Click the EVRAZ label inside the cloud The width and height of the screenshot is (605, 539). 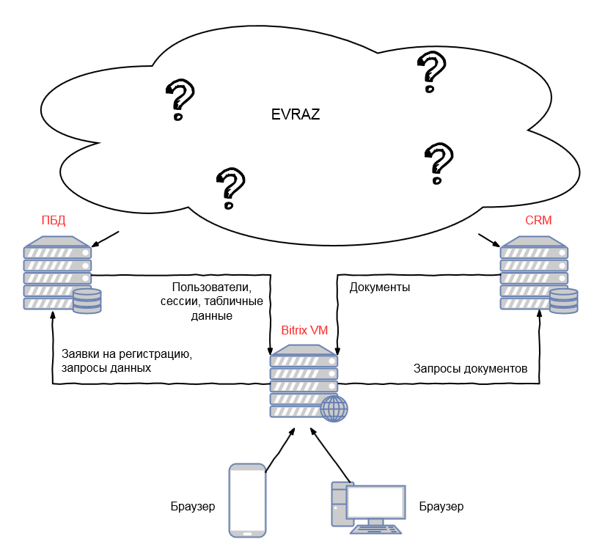pyautogui.click(x=296, y=114)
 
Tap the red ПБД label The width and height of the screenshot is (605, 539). pyautogui.click(x=54, y=220)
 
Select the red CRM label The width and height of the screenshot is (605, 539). pyautogui.click(x=538, y=220)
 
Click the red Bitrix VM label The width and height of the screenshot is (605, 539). pyautogui.click(x=304, y=330)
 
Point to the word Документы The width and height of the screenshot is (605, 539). pyautogui.click(x=380, y=287)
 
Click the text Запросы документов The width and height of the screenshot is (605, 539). pyautogui.click(x=470, y=368)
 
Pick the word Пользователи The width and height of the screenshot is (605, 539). pyautogui.click(x=212, y=287)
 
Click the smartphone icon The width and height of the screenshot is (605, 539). pyautogui.click(x=247, y=500)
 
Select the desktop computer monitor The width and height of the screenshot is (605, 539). pyautogui.click(x=375, y=502)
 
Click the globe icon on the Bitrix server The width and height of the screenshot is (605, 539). pyautogui.click(x=334, y=408)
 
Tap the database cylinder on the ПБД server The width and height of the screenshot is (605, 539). pyautogui.click(x=87, y=301)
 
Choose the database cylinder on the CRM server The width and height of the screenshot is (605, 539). pyautogui.click(x=564, y=301)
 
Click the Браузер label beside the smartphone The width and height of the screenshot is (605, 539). pyautogui.click(x=193, y=506)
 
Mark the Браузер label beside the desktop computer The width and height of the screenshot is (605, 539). pyautogui.click(x=441, y=506)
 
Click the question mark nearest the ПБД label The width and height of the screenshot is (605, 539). pyautogui.click(x=180, y=100)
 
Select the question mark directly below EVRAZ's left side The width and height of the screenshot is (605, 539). pyautogui.click(x=231, y=188)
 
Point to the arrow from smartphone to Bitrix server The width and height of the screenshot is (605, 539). pyautogui.click(x=281, y=450)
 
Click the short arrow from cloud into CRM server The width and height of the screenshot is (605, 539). pyautogui.click(x=489, y=240)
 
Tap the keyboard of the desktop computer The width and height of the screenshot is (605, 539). pyautogui.click(x=375, y=529)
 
